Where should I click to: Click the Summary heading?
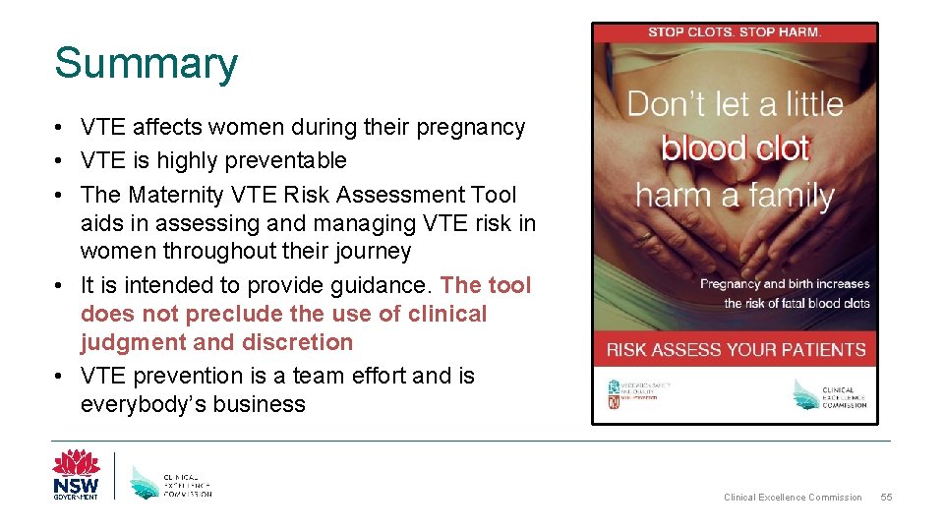coord(146,64)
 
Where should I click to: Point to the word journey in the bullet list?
coord(373,252)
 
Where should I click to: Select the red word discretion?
coord(306,343)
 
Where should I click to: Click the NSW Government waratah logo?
coord(76,474)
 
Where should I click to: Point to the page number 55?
coord(886,498)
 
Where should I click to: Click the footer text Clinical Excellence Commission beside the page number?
coord(793,498)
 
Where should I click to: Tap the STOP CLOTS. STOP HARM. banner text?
coord(735,32)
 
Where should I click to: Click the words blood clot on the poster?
coord(735,148)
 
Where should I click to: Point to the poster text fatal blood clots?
coord(814,303)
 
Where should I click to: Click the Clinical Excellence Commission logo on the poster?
coord(830,395)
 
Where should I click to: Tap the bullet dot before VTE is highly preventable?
coord(61,160)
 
